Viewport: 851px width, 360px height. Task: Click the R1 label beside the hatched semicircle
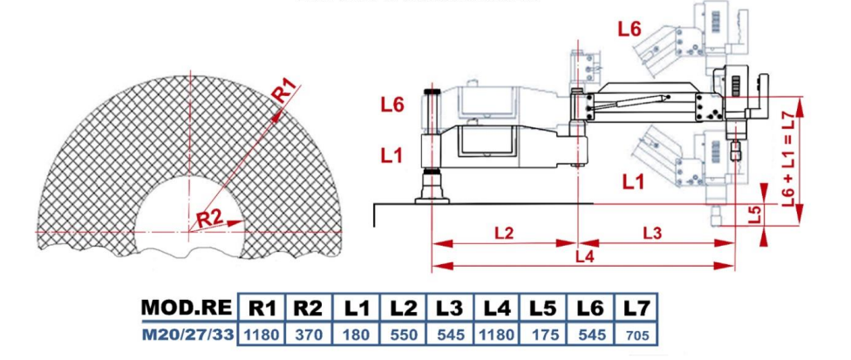[285, 90]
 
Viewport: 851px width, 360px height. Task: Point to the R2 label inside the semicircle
[209, 219]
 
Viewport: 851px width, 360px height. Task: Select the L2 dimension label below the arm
[504, 233]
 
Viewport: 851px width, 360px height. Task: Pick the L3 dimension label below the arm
[652, 233]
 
